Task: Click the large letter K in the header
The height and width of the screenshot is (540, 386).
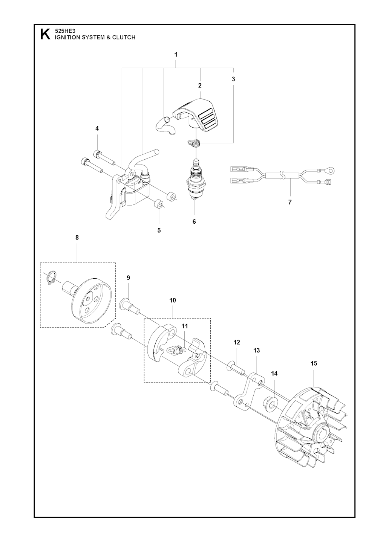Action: tap(45, 34)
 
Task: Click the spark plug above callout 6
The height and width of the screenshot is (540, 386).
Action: tap(196, 179)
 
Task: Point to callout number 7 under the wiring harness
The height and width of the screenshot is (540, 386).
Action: tap(290, 202)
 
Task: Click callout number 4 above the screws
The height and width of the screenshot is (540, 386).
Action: tap(97, 128)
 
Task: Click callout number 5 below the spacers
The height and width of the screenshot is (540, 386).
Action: tap(159, 230)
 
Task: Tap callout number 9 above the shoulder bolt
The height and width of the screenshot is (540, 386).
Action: tap(128, 278)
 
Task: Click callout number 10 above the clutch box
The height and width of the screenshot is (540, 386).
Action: tap(173, 301)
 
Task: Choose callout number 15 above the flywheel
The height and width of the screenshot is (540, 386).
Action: tap(314, 370)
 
